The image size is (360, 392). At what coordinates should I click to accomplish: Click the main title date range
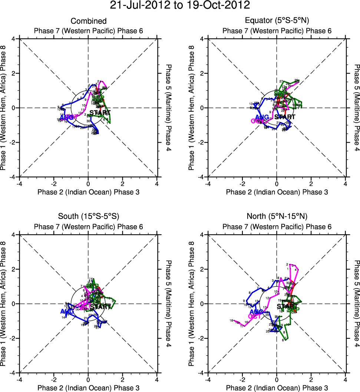pyautogui.click(x=180, y=6)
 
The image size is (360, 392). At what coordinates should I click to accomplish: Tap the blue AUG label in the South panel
pyautogui.click(x=68, y=311)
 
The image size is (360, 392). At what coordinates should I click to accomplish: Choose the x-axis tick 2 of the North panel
pyautogui.click(x=311, y=379)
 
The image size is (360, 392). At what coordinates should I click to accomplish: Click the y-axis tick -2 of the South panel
pyautogui.click(x=14, y=338)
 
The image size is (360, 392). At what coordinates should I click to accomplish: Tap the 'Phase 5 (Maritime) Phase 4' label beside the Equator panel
pyautogui.click(x=357, y=108)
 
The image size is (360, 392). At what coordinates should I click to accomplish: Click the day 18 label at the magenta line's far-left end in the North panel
pyautogui.click(x=231, y=320)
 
